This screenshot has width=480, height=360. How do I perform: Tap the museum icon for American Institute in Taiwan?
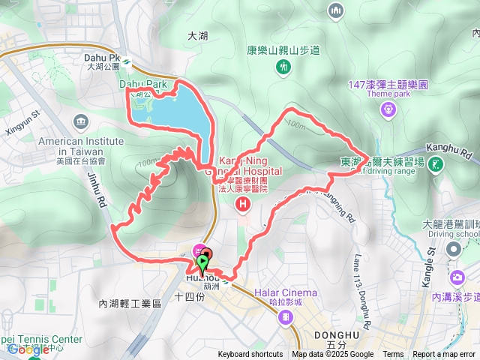point(81,121)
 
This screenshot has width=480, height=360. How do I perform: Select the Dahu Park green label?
point(142,84)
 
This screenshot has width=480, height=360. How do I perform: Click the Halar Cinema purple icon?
point(285,317)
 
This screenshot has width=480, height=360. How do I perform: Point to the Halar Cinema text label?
point(285,292)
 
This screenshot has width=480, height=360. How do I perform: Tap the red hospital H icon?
point(242,203)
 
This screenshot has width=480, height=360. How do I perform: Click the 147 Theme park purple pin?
point(388,109)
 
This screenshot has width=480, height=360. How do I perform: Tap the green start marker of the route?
point(201,264)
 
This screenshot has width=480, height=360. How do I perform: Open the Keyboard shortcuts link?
point(250,355)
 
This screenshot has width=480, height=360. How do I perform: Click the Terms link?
point(393,355)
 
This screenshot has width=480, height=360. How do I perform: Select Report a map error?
point(444,355)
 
